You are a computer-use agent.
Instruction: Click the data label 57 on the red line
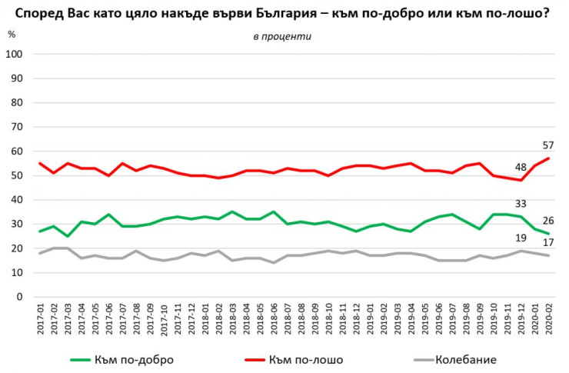[548, 146]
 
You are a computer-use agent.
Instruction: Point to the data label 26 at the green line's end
[549, 221]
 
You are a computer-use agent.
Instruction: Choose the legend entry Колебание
[465, 359]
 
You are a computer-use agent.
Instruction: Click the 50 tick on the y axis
[16, 175]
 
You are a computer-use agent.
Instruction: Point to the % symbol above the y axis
[11, 35]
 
